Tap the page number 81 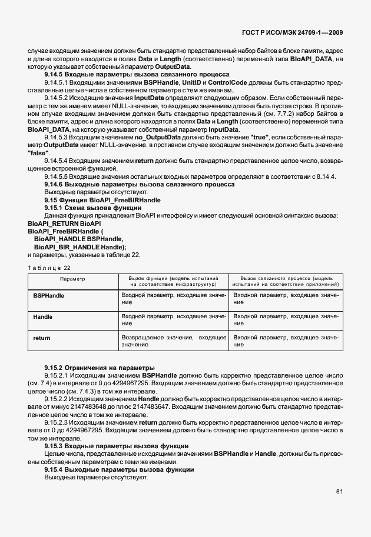pyautogui.click(x=339, y=491)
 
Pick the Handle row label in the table pyautogui.click(x=42, y=317)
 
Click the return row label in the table pyautogui.click(x=42, y=339)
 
